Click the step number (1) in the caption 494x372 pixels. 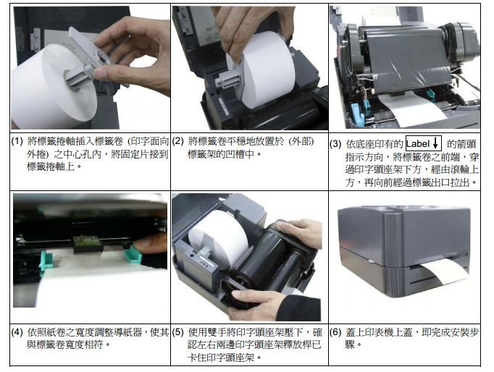(x=17, y=141)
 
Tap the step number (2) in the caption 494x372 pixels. (x=177, y=141)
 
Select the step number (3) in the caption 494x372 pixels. (x=335, y=144)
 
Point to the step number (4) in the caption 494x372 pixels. (x=17, y=332)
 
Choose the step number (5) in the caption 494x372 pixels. (x=177, y=332)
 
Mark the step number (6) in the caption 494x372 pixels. (x=335, y=332)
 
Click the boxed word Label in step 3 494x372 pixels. (x=418, y=144)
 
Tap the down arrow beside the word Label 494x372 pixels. (x=435, y=143)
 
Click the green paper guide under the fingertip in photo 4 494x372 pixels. (x=133, y=254)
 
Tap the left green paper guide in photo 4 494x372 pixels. (x=46, y=260)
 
